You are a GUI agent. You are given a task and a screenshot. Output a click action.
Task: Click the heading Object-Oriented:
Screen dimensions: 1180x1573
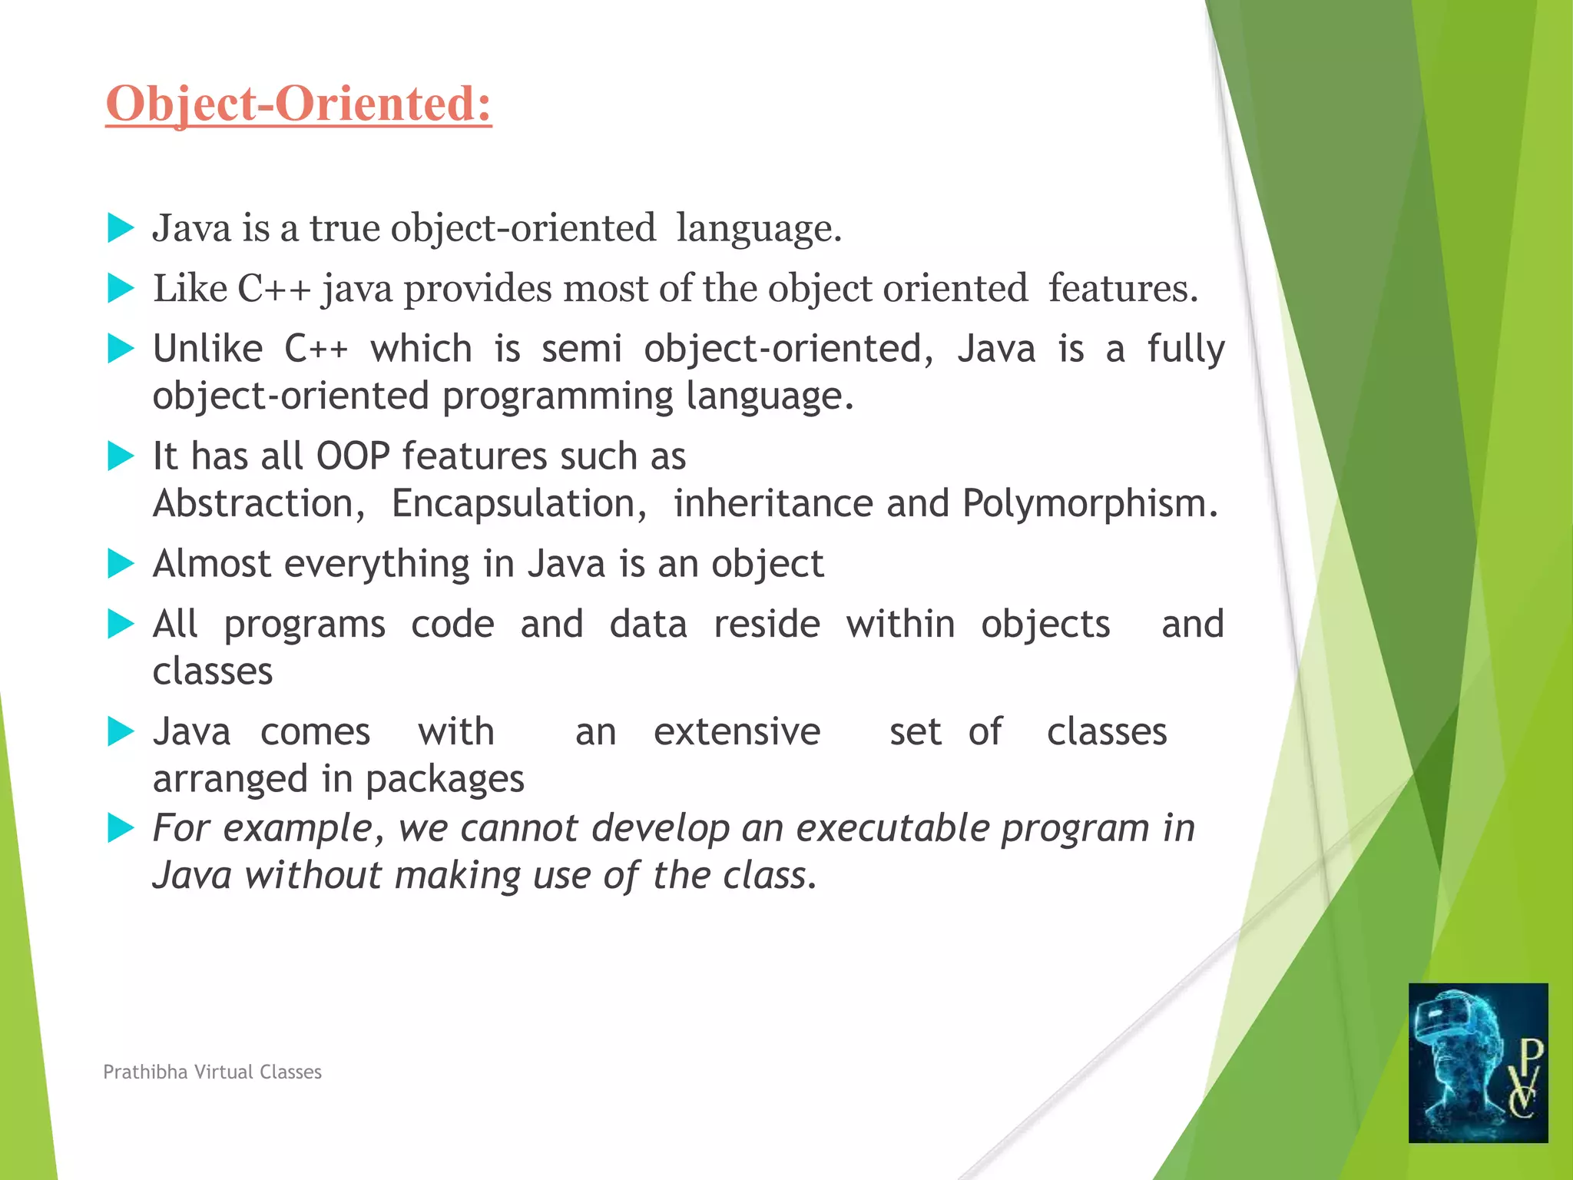coord(298,104)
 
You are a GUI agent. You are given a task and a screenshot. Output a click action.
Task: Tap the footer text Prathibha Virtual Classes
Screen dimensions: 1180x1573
coord(212,1072)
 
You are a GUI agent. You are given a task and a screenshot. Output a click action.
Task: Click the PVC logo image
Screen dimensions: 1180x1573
coord(1478,1062)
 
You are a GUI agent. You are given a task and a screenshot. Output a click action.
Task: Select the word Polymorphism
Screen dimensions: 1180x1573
coord(1089,504)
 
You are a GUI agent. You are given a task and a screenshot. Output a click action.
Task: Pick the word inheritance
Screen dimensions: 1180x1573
coord(773,504)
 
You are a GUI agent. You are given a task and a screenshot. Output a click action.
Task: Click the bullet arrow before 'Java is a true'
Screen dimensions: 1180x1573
coord(121,228)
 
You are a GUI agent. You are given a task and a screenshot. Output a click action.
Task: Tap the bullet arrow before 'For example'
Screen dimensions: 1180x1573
coord(121,828)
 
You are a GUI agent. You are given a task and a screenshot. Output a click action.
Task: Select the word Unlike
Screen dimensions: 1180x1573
coord(207,349)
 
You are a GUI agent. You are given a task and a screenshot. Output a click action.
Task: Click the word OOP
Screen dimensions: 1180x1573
coord(353,456)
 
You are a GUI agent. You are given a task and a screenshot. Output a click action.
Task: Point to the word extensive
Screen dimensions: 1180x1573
coord(737,732)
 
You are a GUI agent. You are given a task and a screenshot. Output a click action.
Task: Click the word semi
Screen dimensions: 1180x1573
coord(581,349)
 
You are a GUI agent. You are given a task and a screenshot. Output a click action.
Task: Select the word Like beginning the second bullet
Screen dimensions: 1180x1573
coord(190,289)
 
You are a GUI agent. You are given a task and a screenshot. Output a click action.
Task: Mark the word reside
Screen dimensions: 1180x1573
coord(767,624)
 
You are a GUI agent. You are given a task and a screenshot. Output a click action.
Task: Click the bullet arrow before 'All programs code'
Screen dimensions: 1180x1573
coord(121,624)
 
